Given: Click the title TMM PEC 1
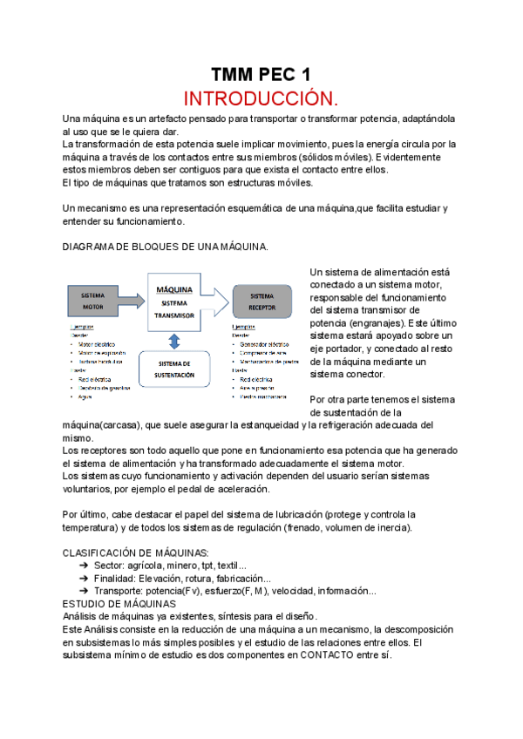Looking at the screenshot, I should click(x=261, y=74).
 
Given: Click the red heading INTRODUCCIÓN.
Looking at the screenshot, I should click(x=261, y=96).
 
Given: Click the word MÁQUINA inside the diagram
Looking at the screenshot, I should click(x=174, y=288).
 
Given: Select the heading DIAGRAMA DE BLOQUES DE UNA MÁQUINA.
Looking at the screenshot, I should click(x=166, y=247).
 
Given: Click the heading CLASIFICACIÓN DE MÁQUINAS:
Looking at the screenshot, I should click(x=136, y=553).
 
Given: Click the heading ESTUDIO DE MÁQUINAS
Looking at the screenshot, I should click(x=119, y=603).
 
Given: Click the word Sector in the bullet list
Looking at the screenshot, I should click(x=108, y=566).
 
